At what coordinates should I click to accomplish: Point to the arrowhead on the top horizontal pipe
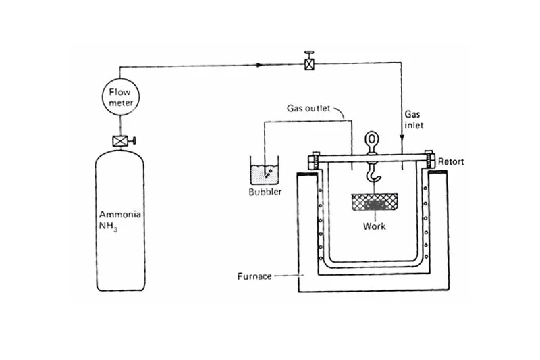[261, 66]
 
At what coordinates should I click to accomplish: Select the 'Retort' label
[451, 161]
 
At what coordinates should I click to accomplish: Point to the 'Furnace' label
[254, 276]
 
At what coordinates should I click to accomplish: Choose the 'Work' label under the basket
[375, 226]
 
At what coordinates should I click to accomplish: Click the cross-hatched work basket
[375, 203]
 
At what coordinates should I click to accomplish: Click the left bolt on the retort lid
[314, 162]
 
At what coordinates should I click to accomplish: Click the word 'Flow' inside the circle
[119, 93]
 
